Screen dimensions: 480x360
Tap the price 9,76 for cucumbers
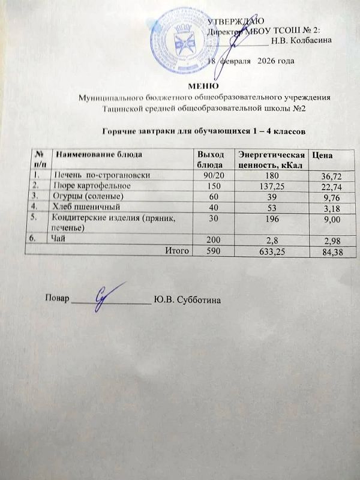pos(332,198)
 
